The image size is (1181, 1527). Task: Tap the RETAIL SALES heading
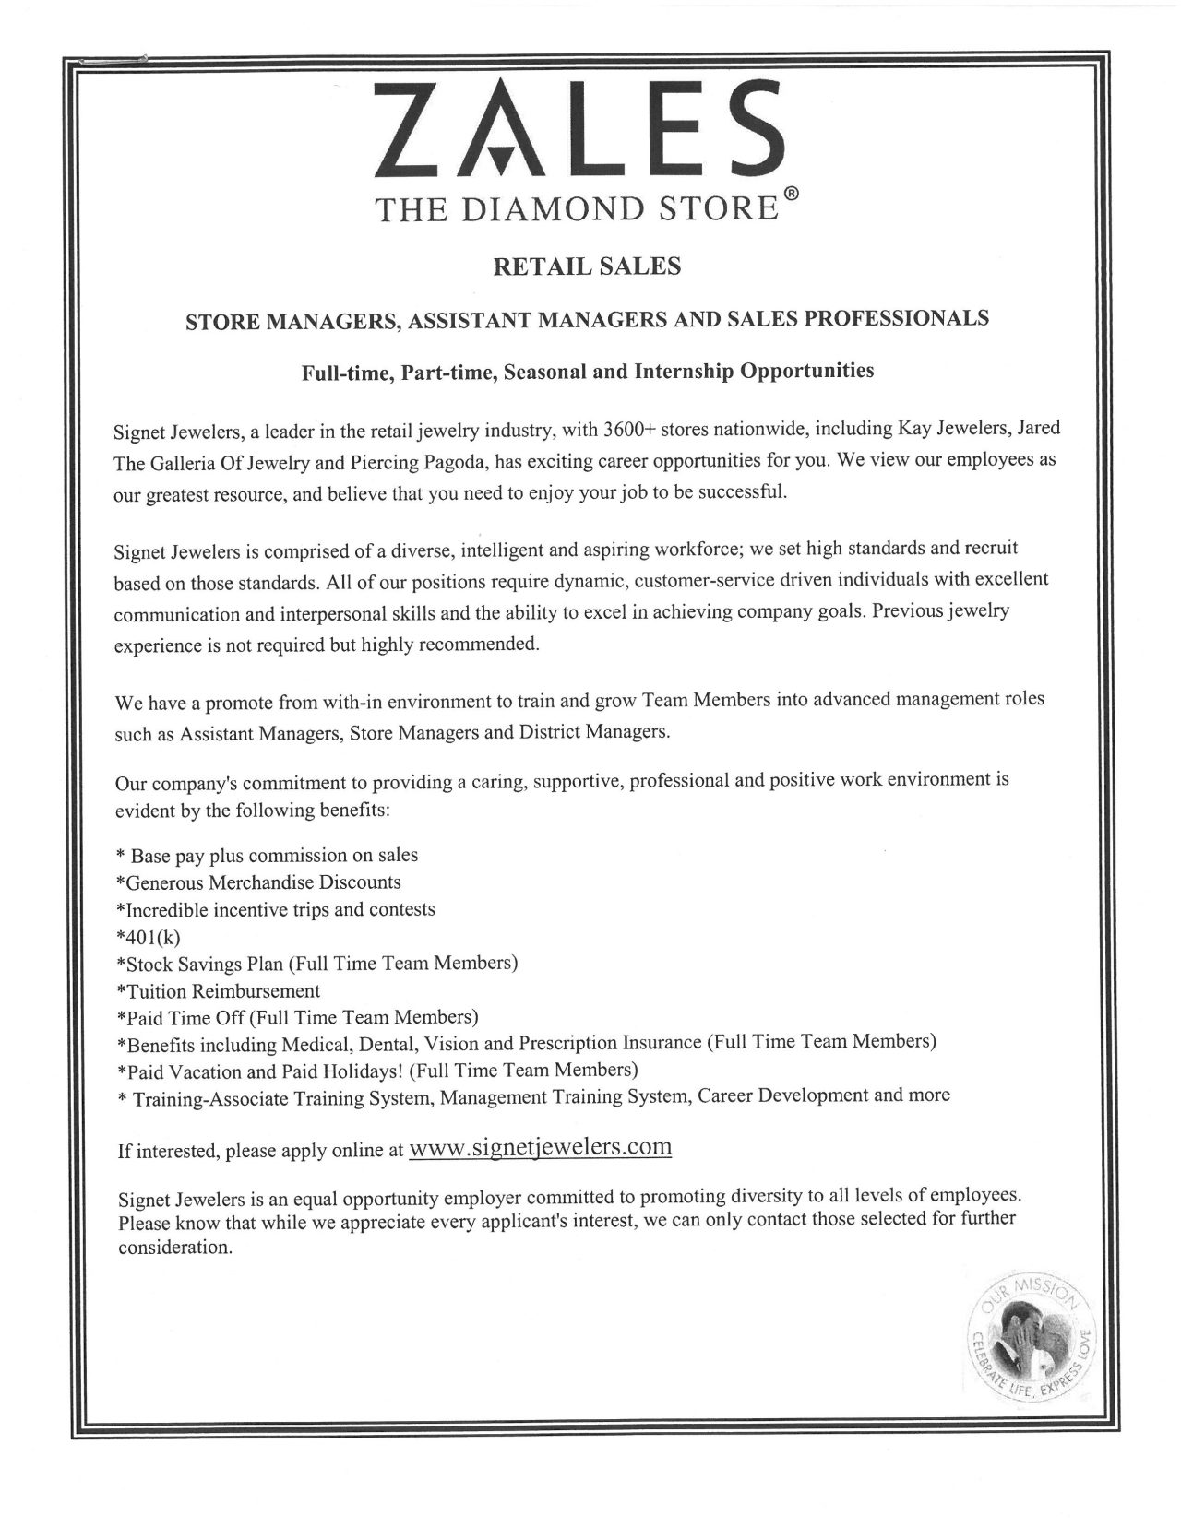[588, 267]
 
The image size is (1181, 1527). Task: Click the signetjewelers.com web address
[539, 1147]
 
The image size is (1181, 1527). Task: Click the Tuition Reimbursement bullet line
[219, 991]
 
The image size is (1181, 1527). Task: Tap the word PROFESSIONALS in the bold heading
[897, 319]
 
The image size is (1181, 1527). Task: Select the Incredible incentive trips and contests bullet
[275, 909]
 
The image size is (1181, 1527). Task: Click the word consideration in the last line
[173, 1249]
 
